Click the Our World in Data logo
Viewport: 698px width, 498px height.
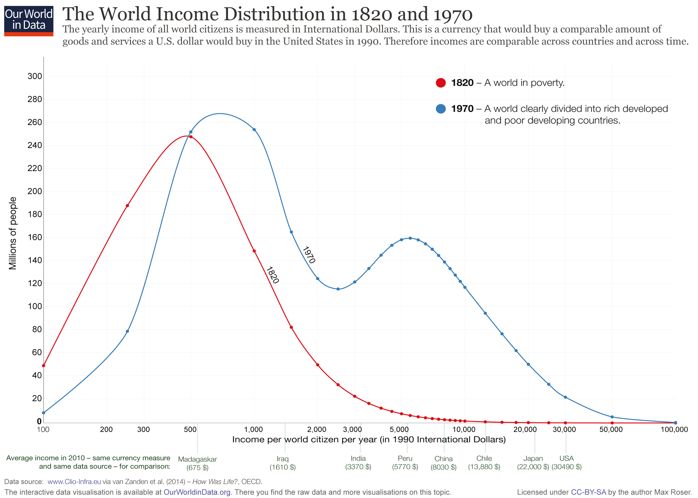point(29,20)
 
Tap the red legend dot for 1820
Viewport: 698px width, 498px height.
point(441,83)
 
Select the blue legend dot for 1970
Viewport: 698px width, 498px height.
point(441,109)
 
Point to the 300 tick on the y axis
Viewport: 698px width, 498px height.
point(35,76)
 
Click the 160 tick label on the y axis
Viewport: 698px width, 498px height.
point(35,237)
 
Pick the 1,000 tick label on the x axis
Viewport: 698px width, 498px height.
point(253,429)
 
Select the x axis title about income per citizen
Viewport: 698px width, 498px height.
point(369,440)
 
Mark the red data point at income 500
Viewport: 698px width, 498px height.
point(191,137)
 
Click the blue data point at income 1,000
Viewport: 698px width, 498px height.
point(254,130)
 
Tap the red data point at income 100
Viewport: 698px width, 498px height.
point(44,365)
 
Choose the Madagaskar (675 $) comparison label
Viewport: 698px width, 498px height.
point(197,463)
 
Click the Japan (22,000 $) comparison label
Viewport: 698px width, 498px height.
point(533,463)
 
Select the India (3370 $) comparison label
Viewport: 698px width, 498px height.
point(358,463)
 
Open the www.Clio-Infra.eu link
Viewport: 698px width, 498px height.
point(74,482)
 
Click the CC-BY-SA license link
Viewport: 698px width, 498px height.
point(588,492)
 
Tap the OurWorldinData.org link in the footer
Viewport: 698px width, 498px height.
point(197,492)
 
